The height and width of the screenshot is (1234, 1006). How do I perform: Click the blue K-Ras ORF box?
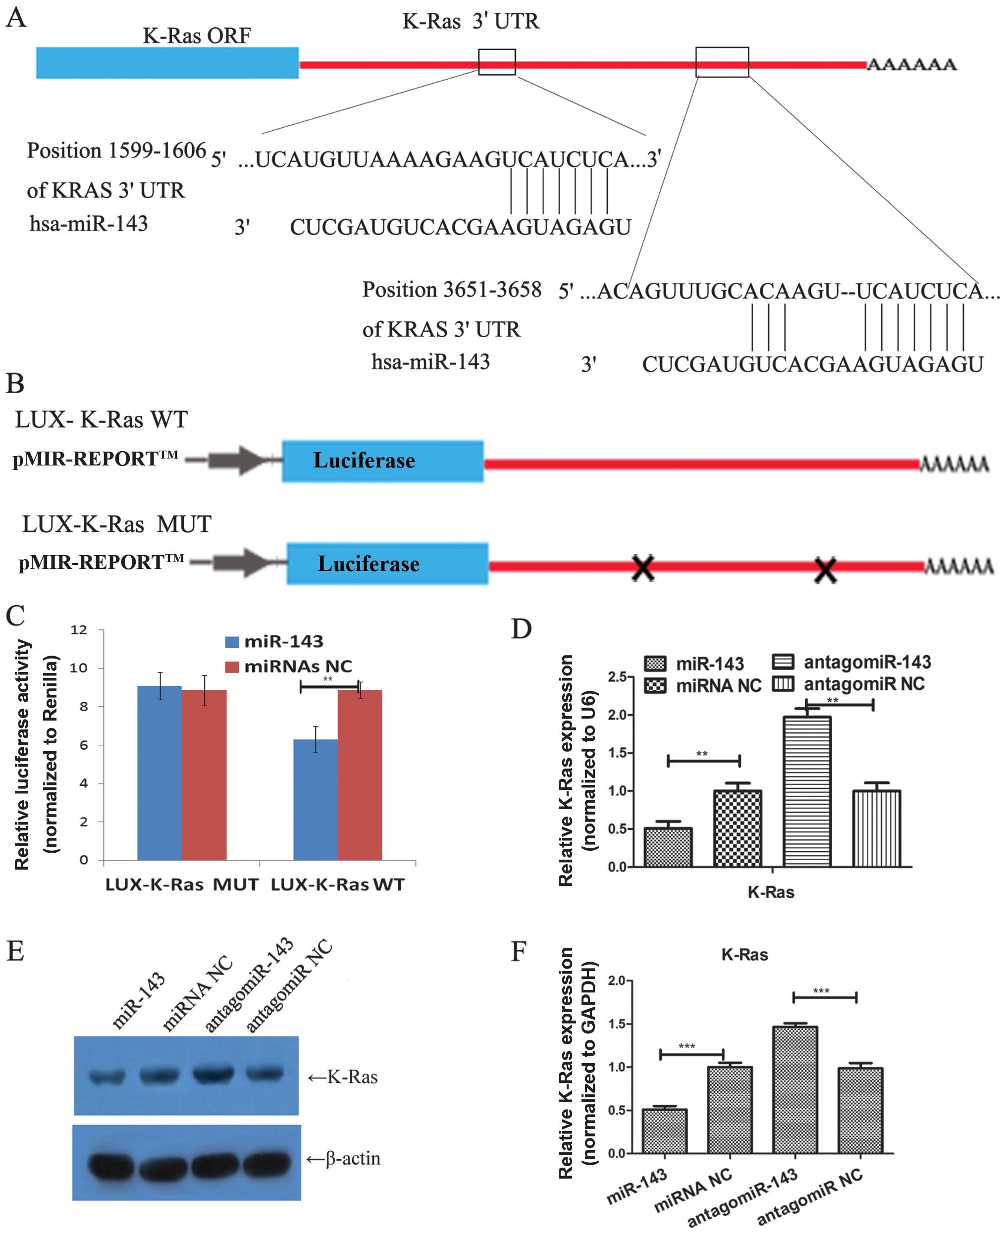pyautogui.click(x=167, y=62)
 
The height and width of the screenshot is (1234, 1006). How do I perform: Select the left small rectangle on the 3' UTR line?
pyautogui.click(x=497, y=62)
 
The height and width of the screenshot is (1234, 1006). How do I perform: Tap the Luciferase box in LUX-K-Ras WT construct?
pyautogui.click(x=382, y=461)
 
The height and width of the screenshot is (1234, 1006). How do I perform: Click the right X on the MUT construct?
pyautogui.click(x=825, y=570)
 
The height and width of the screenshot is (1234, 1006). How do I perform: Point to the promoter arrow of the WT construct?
pyautogui.click(x=234, y=461)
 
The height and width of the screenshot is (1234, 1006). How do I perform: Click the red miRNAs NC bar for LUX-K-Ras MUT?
pyautogui.click(x=204, y=774)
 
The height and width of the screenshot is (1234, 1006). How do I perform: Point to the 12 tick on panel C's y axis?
pyautogui.click(x=79, y=630)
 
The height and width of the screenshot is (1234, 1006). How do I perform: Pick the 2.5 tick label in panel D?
pyautogui.click(x=618, y=677)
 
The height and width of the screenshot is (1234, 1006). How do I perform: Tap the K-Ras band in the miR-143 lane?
pyautogui.click(x=107, y=1077)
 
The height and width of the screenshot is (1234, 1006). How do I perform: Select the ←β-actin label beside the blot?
pyautogui.click(x=344, y=1159)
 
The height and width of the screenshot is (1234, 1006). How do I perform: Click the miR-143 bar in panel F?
pyautogui.click(x=664, y=1131)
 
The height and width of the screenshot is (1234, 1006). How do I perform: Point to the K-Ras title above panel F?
pyautogui.click(x=744, y=954)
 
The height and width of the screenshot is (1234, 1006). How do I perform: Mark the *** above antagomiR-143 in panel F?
pyautogui.click(x=821, y=991)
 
